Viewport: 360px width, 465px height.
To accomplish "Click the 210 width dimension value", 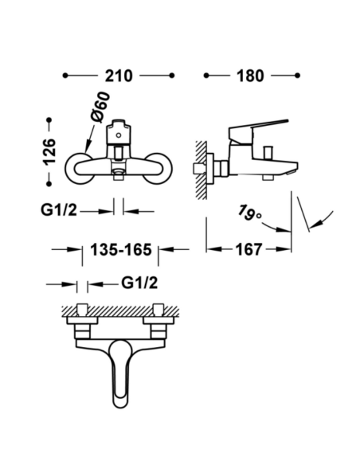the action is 119,76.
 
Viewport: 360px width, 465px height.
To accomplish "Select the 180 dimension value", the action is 250,76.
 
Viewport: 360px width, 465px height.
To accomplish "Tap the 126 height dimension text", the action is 49,151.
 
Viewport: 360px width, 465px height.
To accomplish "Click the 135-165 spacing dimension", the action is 121,249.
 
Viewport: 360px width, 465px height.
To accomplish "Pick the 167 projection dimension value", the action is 249,249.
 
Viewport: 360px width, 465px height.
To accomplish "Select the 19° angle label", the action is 249,212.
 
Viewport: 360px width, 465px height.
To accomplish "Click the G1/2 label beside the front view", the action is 58,210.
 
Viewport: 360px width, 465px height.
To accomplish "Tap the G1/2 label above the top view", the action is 139,283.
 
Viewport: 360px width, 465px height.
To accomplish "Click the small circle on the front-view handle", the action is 119,135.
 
